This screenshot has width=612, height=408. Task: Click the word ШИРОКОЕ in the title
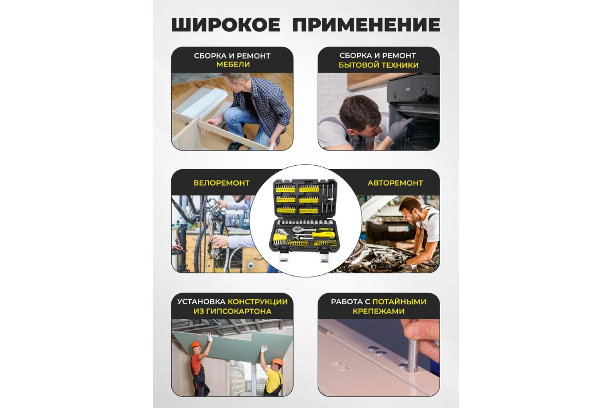[226, 24]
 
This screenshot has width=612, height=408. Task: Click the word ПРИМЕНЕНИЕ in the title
[366, 24]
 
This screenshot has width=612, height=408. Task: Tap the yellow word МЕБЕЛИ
[233, 64]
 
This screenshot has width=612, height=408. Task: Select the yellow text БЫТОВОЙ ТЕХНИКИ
[378, 65]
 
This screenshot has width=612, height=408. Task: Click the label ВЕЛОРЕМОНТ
[222, 183]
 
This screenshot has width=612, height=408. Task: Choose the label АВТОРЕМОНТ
[395, 183]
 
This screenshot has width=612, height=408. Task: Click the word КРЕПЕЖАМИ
[378, 311]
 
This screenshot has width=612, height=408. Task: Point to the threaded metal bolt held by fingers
[412, 355]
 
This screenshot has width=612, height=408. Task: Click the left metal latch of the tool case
[283, 256]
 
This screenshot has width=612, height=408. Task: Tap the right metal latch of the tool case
[324, 256]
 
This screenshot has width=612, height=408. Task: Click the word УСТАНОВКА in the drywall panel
[202, 302]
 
